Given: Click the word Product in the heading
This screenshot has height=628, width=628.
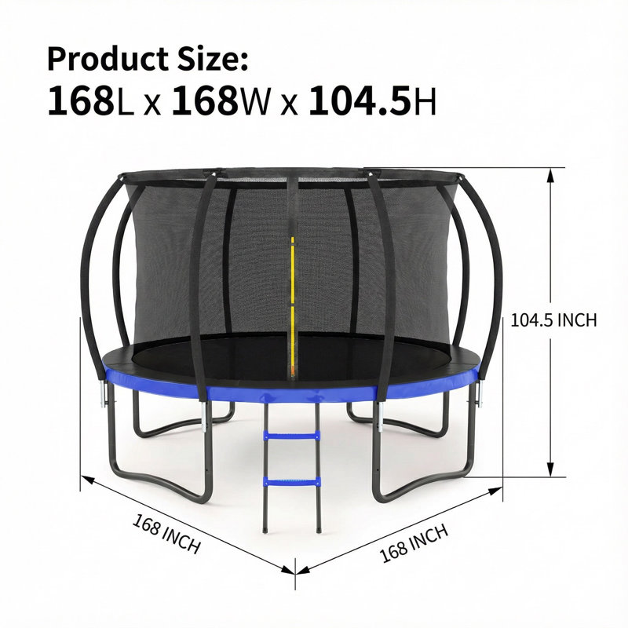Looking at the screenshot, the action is tap(107, 60).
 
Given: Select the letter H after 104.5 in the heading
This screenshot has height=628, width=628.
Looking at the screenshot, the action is tap(425, 102).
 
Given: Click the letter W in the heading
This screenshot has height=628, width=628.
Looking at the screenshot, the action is tap(254, 102).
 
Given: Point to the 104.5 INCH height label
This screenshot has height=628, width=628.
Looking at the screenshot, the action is tap(553, 320).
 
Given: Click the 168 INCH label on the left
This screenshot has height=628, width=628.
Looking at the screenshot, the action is tap(166, 534).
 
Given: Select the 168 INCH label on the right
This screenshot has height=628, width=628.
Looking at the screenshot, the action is tap(414, 543).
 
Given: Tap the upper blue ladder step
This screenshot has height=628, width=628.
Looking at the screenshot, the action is tap(291, 436).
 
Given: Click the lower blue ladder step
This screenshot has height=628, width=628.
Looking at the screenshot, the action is tap(291, 481).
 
